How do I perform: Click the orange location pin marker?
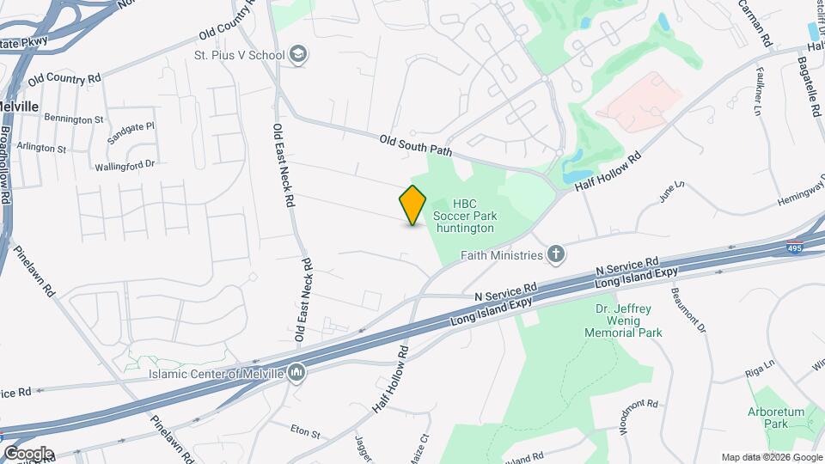[x=413, y=205]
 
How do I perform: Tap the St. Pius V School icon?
[x=298, y=55]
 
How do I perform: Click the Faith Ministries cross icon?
[x=557, y=254]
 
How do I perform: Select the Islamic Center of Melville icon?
[x=296, y=372]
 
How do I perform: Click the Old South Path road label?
[x=416, y=144]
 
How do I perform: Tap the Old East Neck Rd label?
[x=284, y=167]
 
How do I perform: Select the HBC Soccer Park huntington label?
[x=464, y=216]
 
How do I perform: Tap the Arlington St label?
[x=43, y=148]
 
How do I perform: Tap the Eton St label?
[x=305, y=430]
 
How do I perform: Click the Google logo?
[x=28, y=453]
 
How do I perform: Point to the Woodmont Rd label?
[x=638, y=415]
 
